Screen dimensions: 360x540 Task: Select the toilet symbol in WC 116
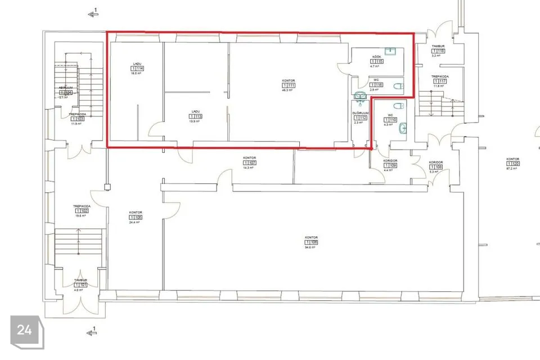click(x=398, y=86)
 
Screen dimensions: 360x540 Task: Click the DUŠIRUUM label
click(x=360, y=112)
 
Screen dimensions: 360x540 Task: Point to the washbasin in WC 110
click(x=402, y=129)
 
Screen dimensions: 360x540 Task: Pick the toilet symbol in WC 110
click(x=398, y=106)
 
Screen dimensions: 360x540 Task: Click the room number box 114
click(x=137, y=69)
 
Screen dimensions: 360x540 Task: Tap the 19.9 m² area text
click(x=196, y=121)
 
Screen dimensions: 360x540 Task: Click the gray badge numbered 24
click(x=25, y=330)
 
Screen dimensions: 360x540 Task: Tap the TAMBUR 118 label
click(x=438, y=46)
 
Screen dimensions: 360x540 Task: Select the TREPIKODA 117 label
click(x=439, y=76)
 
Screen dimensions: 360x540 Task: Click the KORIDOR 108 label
click(x=436, y=161)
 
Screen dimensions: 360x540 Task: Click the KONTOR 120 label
click(x=512, y=159)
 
